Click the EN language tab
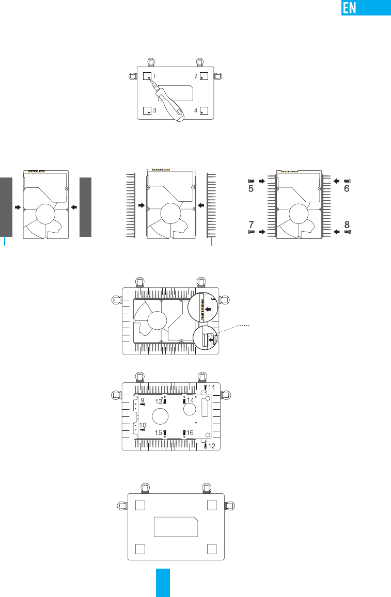click(366, 8)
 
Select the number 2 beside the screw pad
click(196, 76)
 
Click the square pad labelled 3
click(147, 111)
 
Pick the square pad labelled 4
click(204, 111)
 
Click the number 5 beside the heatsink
click(251, 188)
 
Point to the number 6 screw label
click(347, 188)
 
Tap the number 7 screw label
click(251, 224)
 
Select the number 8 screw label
click(347, 224)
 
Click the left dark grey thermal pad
click(6, 207)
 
